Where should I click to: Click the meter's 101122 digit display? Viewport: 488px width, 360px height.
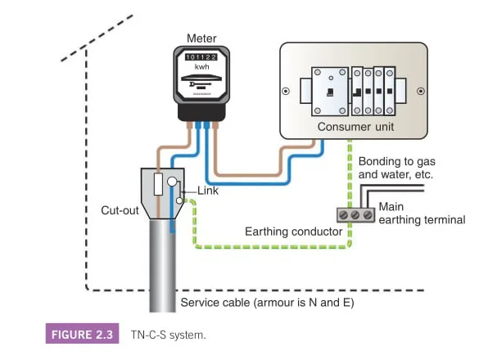coord(201,57)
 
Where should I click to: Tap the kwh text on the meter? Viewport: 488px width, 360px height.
coord(201,67)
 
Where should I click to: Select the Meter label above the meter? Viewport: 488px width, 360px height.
coord(201,38)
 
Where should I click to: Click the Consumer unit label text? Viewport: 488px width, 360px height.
coord(355,127)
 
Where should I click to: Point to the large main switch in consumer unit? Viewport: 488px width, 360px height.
coord(330,92)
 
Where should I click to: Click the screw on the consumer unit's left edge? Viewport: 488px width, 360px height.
coord(286,91)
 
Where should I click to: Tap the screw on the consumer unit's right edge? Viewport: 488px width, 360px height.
coord(421,91)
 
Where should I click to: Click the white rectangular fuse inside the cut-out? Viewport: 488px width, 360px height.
coord(158,184)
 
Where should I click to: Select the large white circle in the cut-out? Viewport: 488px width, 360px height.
coord(172,182)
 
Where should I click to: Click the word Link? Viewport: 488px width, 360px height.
coord(208,191)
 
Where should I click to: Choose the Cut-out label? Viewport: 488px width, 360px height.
coord(120,210)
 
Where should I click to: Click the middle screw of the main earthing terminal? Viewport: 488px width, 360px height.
coord(355,215)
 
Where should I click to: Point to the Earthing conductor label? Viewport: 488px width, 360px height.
coord(293,232)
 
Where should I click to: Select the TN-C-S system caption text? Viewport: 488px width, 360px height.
coord(169,335)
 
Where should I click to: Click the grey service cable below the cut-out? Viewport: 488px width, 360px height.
coord(162,266)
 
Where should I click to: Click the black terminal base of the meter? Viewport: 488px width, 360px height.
coord(201,112)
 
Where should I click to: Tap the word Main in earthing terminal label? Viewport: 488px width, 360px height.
coord(391,207)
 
